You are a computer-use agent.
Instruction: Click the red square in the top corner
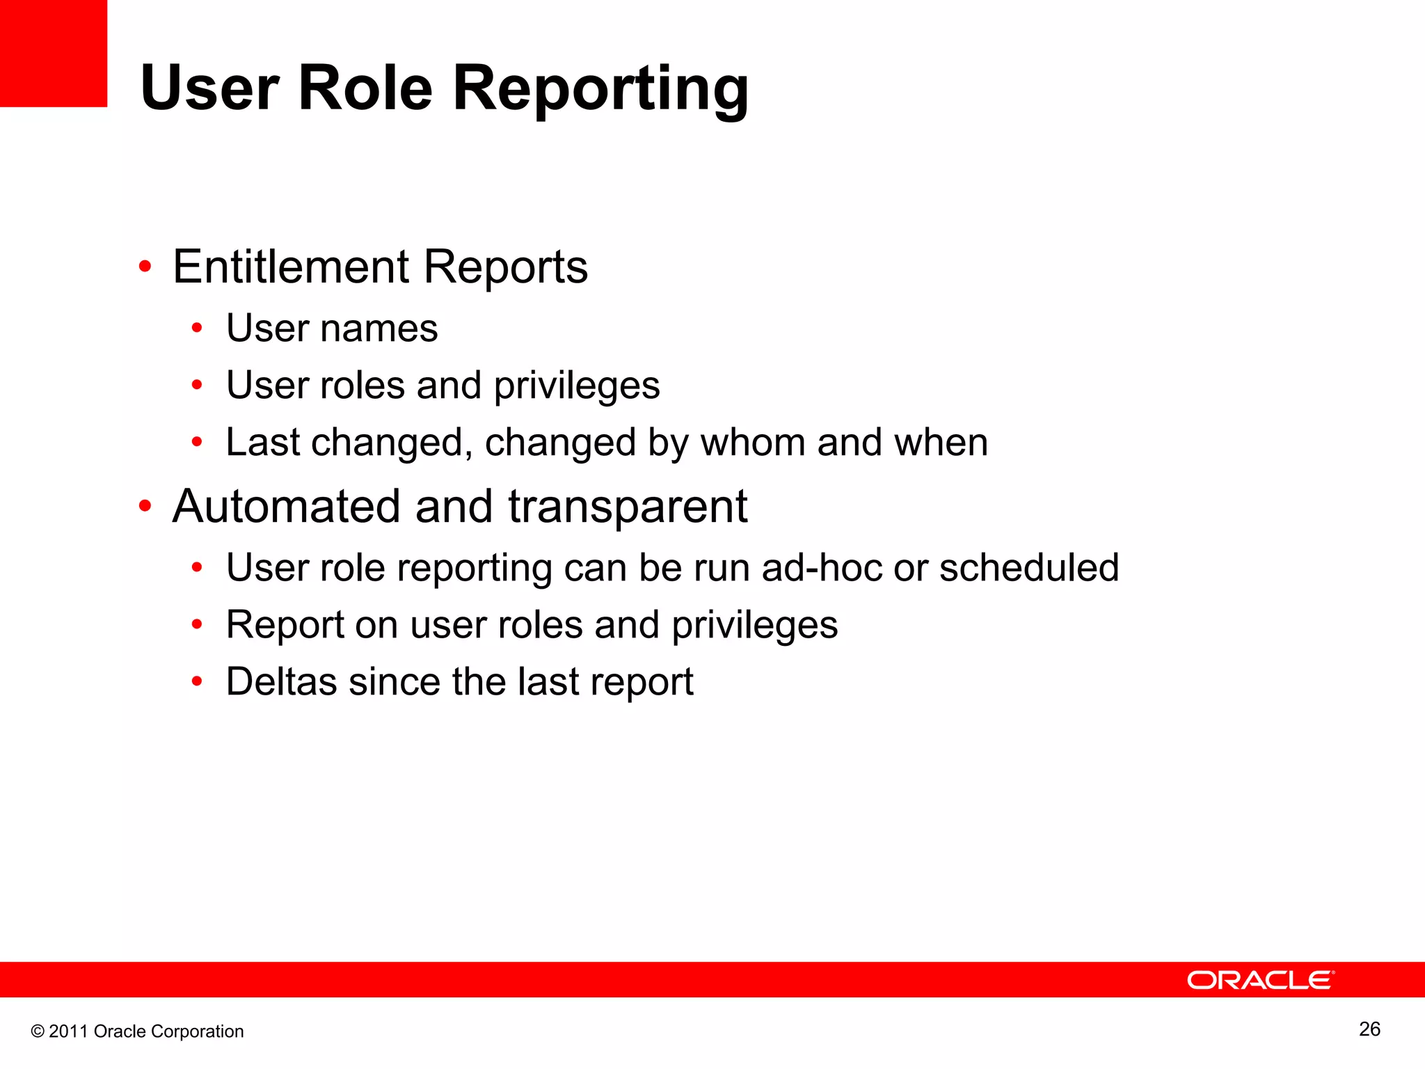(x=53, y=53)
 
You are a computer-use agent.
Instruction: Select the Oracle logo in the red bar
(x=1260, y=980)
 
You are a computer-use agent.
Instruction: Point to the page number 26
(x=1369, y=1029)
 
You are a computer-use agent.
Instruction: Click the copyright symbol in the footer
(x=38, y=1031)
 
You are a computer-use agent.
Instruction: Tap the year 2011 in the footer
(x=68, y=1031)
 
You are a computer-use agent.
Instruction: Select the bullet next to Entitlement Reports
(x=145, y=267)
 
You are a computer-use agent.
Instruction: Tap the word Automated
(x=286, y=507)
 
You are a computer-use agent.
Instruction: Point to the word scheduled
(x=1028, y=568)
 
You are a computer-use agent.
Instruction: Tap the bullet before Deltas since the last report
(x=197, y=681)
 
